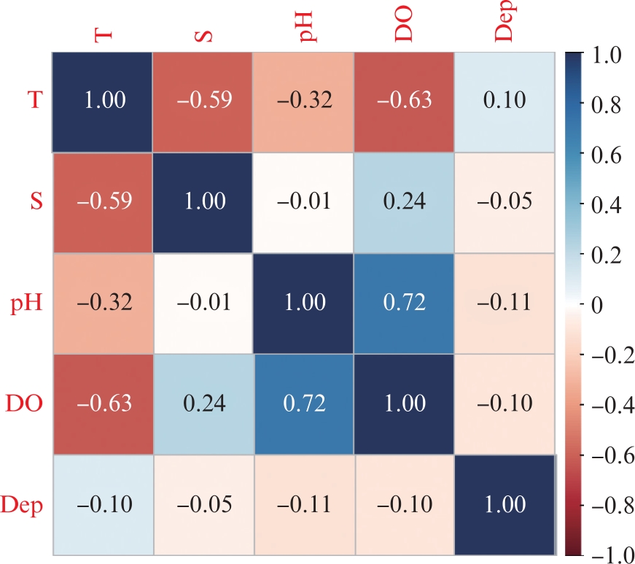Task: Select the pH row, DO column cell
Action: coord(405,302)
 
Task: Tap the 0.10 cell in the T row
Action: coord(505,100)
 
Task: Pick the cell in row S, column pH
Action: coord(303,201)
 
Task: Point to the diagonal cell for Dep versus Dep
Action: coord(505,503)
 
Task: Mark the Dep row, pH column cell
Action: coord(303,503)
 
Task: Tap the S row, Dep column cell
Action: coord(505,201)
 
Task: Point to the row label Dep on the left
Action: coord(21,503)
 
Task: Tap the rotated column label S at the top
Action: coord(205,34)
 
